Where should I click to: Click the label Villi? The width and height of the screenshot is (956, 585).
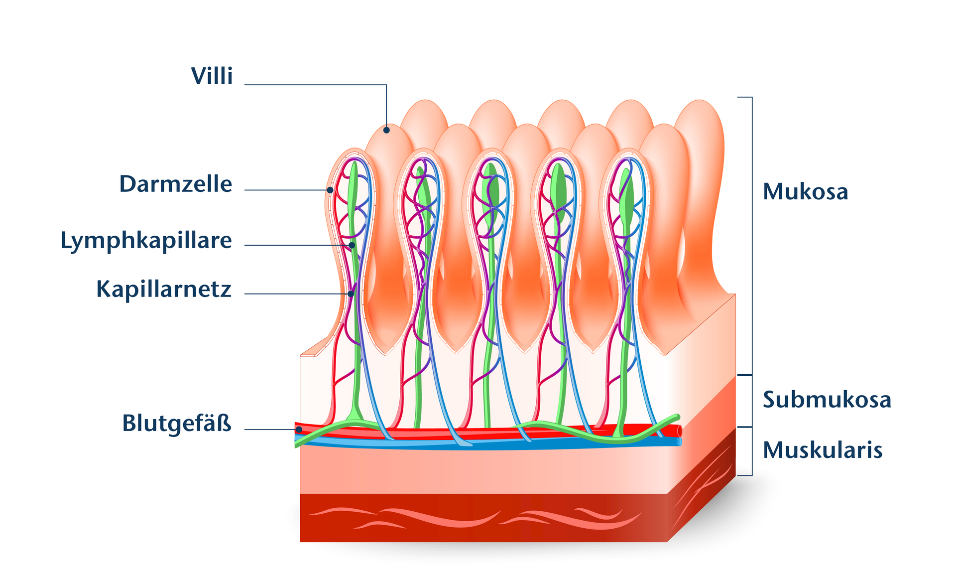[x=212, y=76]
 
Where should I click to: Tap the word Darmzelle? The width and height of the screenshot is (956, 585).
[x=175, y=184]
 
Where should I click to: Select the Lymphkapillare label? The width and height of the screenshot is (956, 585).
[x=146, y=241]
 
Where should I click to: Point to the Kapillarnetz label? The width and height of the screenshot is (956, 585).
[x=164, y=289]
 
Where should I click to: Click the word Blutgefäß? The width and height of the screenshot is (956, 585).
[x=177, y=424]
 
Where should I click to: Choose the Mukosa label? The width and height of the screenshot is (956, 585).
[x=805, y=192]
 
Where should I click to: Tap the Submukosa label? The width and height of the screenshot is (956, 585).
[x=827, y=400]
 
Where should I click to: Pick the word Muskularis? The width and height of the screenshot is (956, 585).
[x=823, y=450]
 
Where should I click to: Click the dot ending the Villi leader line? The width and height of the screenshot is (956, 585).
[x=386, y=130]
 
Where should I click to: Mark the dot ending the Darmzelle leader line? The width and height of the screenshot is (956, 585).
[x=330, y=190]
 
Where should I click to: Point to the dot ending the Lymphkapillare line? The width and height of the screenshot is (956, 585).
[x=352, y=245]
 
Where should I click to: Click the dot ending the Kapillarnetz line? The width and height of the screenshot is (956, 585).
[x=351, y=294]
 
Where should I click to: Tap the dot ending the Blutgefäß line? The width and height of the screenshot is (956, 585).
[x=299, y=429]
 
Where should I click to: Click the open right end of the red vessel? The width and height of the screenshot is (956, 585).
[x=679, y=431]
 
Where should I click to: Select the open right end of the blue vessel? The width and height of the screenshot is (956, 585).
[x=679, y=441]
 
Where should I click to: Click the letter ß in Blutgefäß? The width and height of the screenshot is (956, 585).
[x=225, y=424]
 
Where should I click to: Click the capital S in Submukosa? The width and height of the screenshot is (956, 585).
[x=769, y=400]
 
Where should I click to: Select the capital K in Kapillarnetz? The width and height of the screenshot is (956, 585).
[x=103, y=289]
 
